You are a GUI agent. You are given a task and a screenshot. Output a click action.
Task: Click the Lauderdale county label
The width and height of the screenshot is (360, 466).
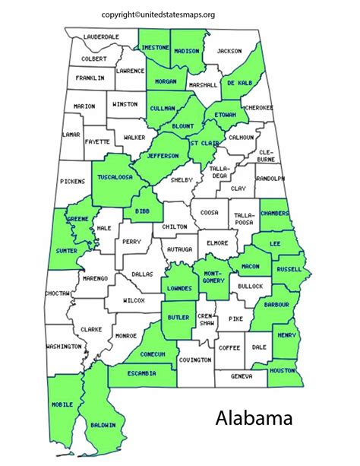pos(101,36)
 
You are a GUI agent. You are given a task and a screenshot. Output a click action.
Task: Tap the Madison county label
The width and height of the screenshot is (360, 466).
pos(185,51)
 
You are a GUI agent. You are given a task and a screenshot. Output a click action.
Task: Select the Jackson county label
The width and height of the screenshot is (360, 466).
pos(229,51)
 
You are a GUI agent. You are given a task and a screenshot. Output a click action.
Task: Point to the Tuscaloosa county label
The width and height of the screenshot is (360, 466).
pos(115,176)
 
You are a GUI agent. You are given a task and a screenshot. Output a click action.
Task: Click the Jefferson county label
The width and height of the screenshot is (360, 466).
pos(163,156)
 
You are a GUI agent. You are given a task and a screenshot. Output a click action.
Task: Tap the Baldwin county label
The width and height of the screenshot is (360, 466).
pos(103,425)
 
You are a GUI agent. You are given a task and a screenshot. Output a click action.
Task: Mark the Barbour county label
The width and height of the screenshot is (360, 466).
pos(276,304)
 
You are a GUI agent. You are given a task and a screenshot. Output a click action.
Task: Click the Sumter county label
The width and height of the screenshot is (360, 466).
pos(65,249)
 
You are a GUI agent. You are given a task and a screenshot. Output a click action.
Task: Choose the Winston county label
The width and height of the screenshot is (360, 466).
pos(125,104)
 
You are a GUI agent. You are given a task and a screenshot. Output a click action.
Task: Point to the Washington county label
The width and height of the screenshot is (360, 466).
pos(63,346)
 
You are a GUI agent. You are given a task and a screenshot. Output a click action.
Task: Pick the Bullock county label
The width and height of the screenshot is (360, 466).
pos(249,286)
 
